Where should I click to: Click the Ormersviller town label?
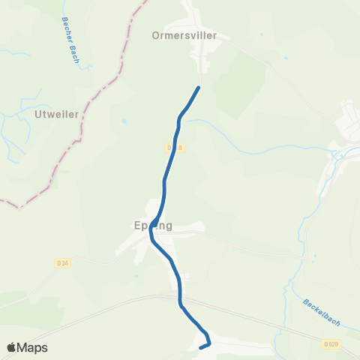point(184,34)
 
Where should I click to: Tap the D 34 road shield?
point(62,263)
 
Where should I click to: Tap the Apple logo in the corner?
point(12,347)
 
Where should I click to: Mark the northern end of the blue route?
point(199,88)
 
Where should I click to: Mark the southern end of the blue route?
point(200,347)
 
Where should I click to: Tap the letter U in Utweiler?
point(38,114)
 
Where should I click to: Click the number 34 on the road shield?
point(64,263)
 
